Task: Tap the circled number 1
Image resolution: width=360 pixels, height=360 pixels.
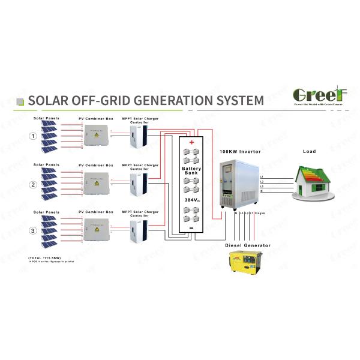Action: point(34,136)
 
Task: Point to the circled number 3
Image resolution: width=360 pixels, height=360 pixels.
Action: point(34,230)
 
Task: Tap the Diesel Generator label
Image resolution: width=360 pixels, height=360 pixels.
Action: point(247,245)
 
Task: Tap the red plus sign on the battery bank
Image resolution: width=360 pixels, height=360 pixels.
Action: point(191,143)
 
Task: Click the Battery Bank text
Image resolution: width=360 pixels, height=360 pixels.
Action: point(191,173)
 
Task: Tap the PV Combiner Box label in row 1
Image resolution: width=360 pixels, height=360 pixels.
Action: point(96,118)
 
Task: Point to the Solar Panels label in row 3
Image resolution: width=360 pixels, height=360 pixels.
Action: point(46,212)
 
